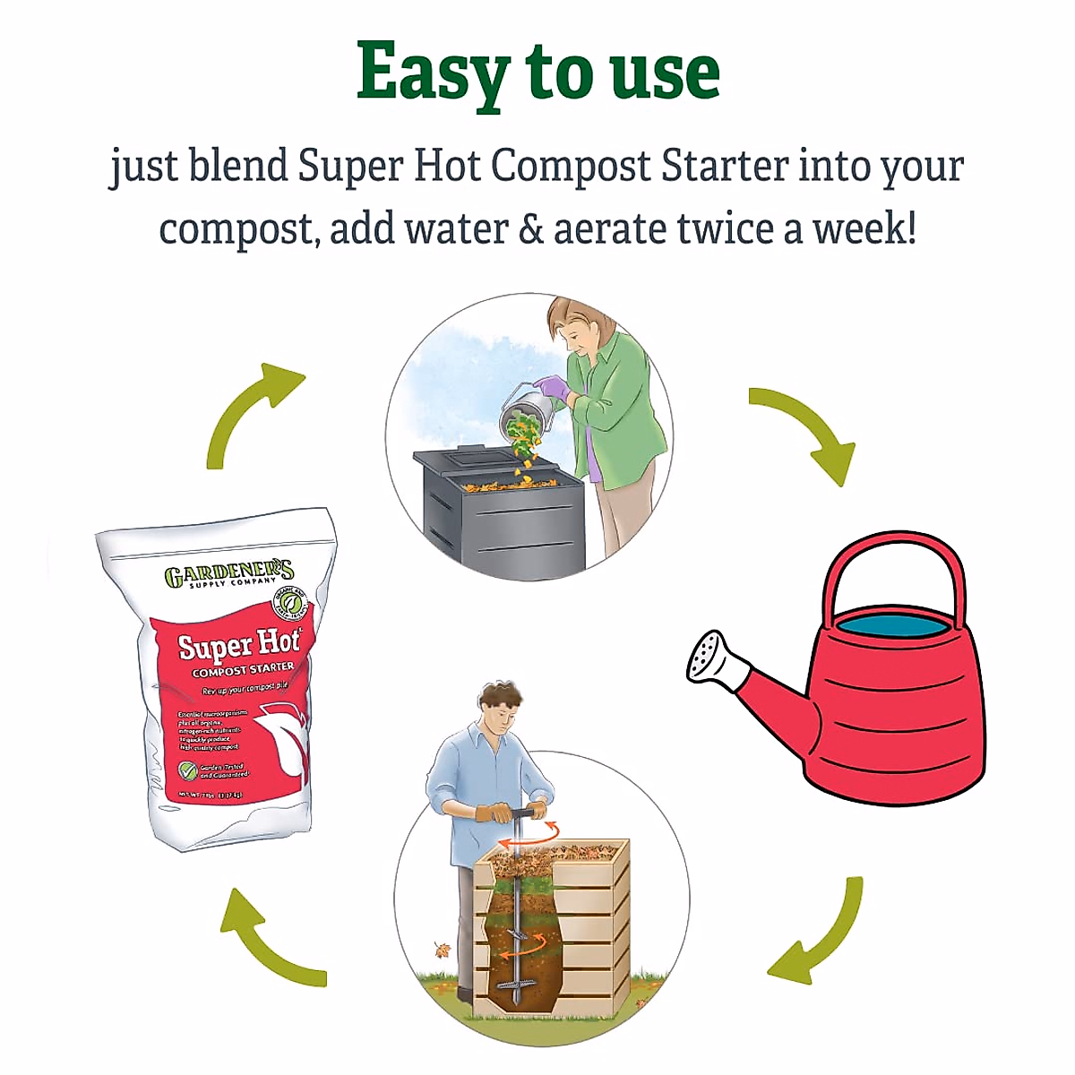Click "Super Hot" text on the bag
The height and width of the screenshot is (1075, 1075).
(x=236, y=643)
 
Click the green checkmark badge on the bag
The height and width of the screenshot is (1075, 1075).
(x=188, y=770)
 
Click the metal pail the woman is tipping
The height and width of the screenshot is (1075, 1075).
(x=525, y=412)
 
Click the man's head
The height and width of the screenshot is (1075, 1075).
(x=498, y=703)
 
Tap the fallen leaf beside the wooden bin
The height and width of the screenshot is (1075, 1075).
(x=443, y=950)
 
